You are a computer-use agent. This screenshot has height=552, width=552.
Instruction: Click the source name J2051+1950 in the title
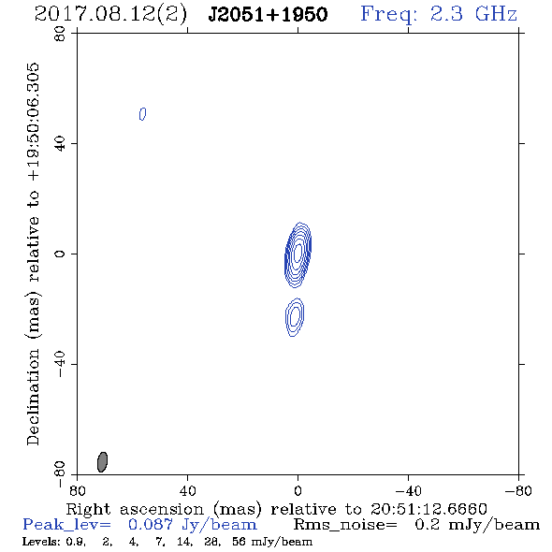[x=268, y=15]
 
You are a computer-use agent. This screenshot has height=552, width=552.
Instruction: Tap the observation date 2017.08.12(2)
[x=110, y=15]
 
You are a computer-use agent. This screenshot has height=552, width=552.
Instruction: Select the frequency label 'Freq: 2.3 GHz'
[x=439, y=14]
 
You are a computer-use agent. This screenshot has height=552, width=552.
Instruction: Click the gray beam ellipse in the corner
[x=102, y=462]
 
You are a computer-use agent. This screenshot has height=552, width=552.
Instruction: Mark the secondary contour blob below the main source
[x=295, y=317]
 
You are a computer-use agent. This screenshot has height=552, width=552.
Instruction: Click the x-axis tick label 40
[x=187, y=490]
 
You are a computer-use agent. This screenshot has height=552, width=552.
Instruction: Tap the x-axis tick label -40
[x=408, y=490]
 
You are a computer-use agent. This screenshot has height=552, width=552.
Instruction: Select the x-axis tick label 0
[x=298, y=490]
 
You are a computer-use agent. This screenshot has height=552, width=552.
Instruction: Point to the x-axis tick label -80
[x=518, y=490]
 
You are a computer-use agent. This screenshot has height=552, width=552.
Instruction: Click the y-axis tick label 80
[x=60, y=34]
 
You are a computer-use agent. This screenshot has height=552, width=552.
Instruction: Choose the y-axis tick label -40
[x=60, y=364]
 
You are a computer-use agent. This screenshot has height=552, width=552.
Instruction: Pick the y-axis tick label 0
[x=60, y=254]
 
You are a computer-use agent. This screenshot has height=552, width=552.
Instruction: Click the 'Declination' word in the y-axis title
[x=33, y=398]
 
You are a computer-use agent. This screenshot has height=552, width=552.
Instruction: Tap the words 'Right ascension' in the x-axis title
[x=135, y=509]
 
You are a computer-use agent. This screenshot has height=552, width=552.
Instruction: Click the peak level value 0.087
[x=151, y=525]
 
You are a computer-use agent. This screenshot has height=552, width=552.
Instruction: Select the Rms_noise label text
[x=345, y=525]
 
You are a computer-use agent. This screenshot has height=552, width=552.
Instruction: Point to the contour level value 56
[x=239, y=541]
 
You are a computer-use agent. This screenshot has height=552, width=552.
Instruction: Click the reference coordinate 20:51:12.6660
[x=429, y=509]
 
